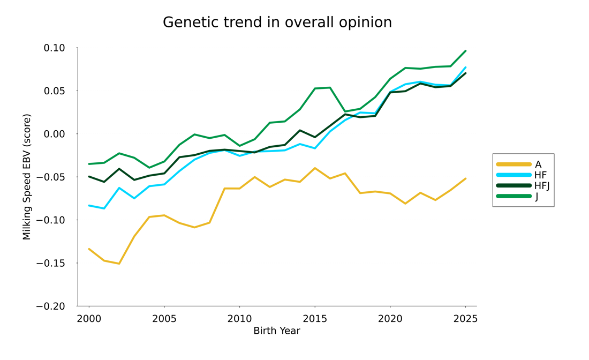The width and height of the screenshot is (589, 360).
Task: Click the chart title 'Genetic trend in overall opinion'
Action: (x=277, y=22)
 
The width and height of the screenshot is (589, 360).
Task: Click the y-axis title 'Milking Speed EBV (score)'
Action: (x=27, y=177)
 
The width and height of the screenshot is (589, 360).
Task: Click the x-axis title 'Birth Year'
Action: (x=277, y=331)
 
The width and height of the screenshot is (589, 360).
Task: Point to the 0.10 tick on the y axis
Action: (x=54, y=48)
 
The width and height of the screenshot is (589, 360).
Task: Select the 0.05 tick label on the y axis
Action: (x=54, y=91)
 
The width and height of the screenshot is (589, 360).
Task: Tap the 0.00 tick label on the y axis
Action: (x=54, y=134)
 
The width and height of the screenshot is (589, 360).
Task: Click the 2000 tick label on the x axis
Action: (x=89, y=319)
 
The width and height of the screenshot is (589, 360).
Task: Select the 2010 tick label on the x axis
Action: (x=239, y=319)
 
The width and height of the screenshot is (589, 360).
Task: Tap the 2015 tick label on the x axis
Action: (x=315, y=319)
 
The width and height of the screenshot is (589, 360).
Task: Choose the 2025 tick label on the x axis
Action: (x=465, y=319)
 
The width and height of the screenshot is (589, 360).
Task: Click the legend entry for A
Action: (x=538, y=164)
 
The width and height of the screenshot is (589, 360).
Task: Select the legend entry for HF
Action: (x=540, y=175)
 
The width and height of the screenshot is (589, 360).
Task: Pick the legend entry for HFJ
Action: (x=542, y=186)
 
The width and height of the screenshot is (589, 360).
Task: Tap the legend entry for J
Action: (x=537, y=197)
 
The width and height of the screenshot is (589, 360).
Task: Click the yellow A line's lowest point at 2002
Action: (x=119, y=264)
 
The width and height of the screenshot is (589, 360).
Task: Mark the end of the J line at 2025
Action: (x=465, y=51)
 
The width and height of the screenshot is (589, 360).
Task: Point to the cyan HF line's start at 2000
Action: (x=89, y=206)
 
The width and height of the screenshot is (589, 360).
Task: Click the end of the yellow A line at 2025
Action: (x=465, y=178)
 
